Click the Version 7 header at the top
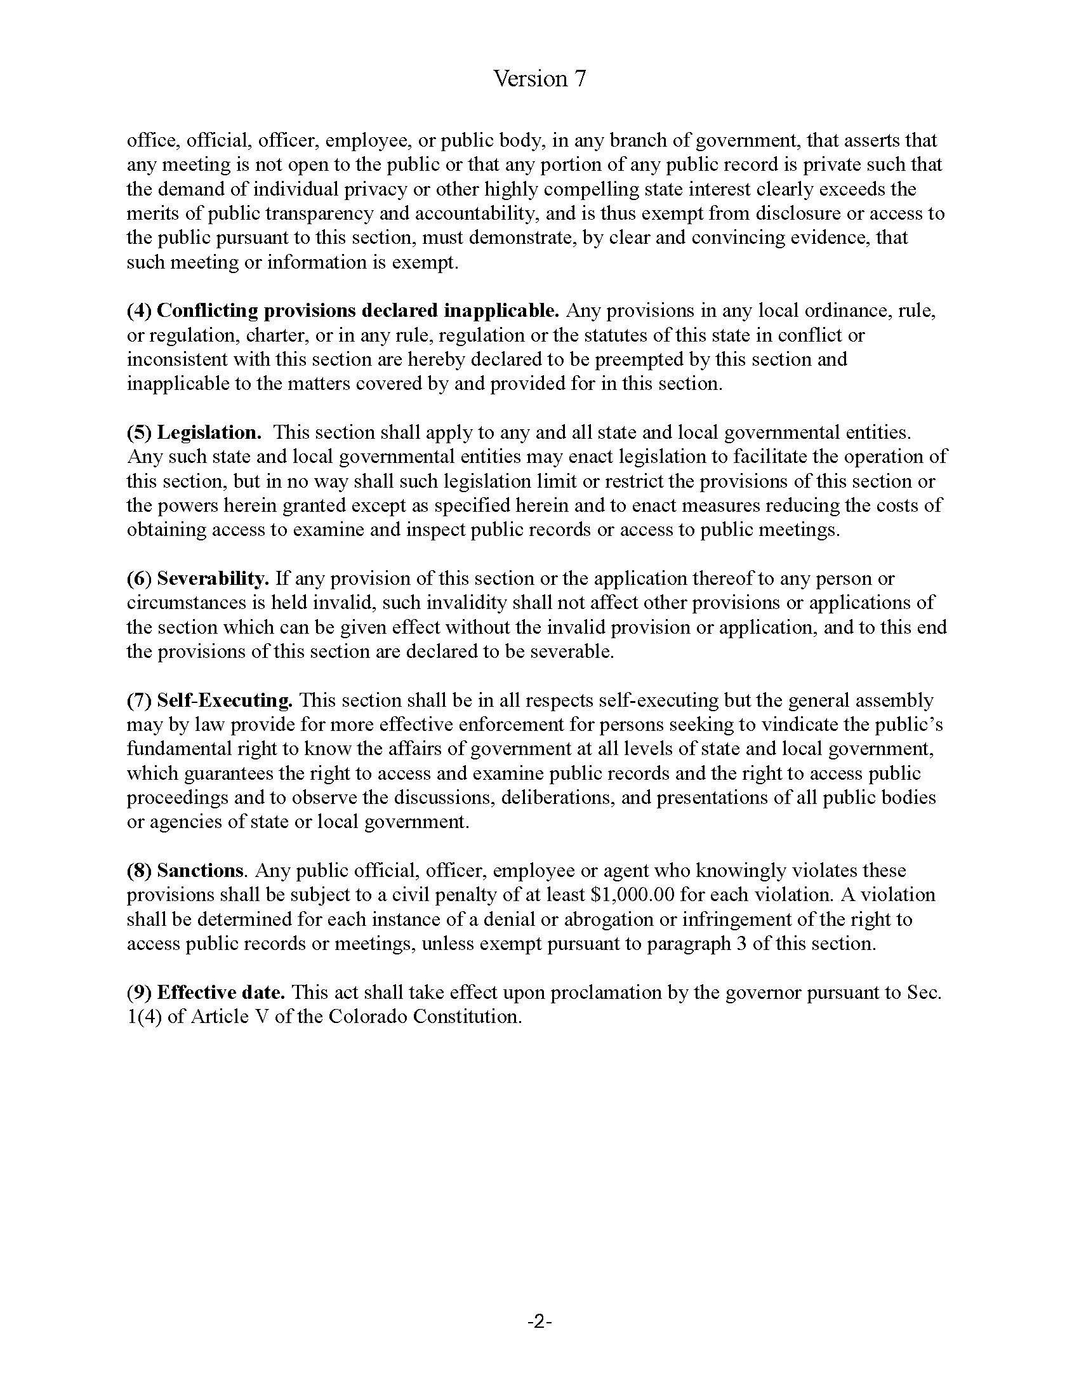point(539,79)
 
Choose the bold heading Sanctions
point(200,871)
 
